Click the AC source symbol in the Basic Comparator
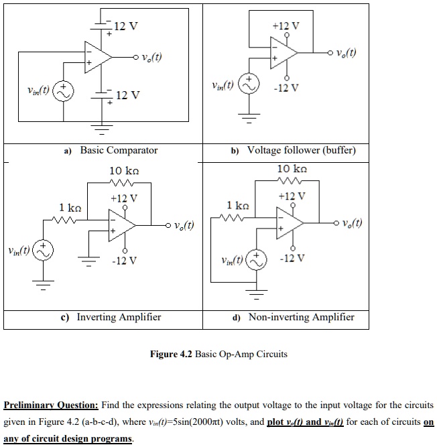64,91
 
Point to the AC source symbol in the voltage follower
249,86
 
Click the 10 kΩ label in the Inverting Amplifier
123,171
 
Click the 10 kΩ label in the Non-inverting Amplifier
292,168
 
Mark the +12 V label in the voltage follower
287,26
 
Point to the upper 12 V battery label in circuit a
126,27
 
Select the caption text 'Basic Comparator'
119,150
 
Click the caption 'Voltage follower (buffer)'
301,150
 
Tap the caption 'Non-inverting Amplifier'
301,317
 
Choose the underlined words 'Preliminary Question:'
51,405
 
